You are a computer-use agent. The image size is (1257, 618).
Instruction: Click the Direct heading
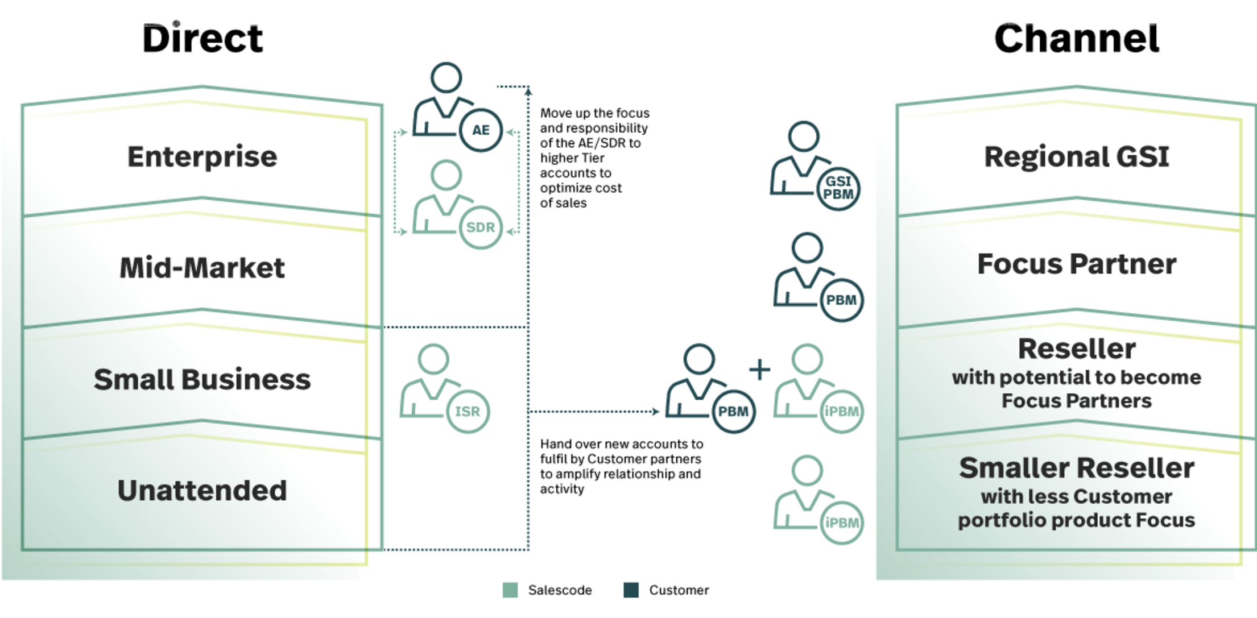(202, 39)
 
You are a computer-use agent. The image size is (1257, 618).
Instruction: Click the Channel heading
(1076, 39)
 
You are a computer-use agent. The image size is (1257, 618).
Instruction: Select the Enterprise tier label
(202, 156)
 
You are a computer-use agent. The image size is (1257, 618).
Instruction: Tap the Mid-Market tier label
(202, 268)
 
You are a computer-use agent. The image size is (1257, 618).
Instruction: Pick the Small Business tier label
(202, 379)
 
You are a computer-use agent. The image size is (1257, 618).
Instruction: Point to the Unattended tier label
(202, 490)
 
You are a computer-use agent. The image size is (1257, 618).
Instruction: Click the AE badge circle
(481, 130)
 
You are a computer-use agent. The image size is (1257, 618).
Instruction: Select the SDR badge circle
(481, 227)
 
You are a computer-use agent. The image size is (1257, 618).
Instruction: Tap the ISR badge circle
(468, 411)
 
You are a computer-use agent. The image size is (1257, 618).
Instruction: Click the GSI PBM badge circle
(838, 188)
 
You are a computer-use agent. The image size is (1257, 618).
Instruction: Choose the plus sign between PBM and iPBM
(759, 370)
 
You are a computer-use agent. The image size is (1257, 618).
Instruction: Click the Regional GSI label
(1076, 156)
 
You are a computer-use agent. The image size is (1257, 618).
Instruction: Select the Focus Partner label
(1076, 264)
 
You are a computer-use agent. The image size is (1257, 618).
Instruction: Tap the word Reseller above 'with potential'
(1076, 349)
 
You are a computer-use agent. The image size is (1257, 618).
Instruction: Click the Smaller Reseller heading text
(1076, 468)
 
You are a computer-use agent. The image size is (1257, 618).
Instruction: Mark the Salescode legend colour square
(510, 590)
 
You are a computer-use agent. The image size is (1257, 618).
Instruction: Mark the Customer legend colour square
(631, 590)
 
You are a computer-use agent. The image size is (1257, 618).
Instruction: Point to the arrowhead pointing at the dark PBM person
(656, 411)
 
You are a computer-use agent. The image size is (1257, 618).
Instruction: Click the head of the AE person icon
(446, 77)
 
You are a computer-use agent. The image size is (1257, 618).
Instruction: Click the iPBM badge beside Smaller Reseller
(842, 522)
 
